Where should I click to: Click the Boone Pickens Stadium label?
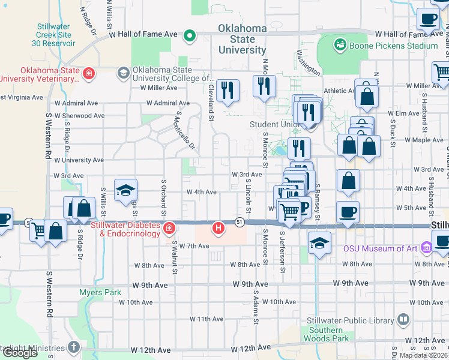(394, 46)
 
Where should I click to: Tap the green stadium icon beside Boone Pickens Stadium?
(340, 44)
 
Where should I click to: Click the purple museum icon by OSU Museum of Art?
(427, 247)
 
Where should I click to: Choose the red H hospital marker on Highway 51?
(219, 228)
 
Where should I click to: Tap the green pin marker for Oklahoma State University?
(190, 36)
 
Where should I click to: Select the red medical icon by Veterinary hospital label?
(89, 74)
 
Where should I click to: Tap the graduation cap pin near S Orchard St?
(125, 190)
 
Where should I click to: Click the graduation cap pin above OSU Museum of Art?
(320, 243)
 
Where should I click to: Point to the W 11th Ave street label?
(206, 319)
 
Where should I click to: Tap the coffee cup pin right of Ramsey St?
(348, 211)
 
